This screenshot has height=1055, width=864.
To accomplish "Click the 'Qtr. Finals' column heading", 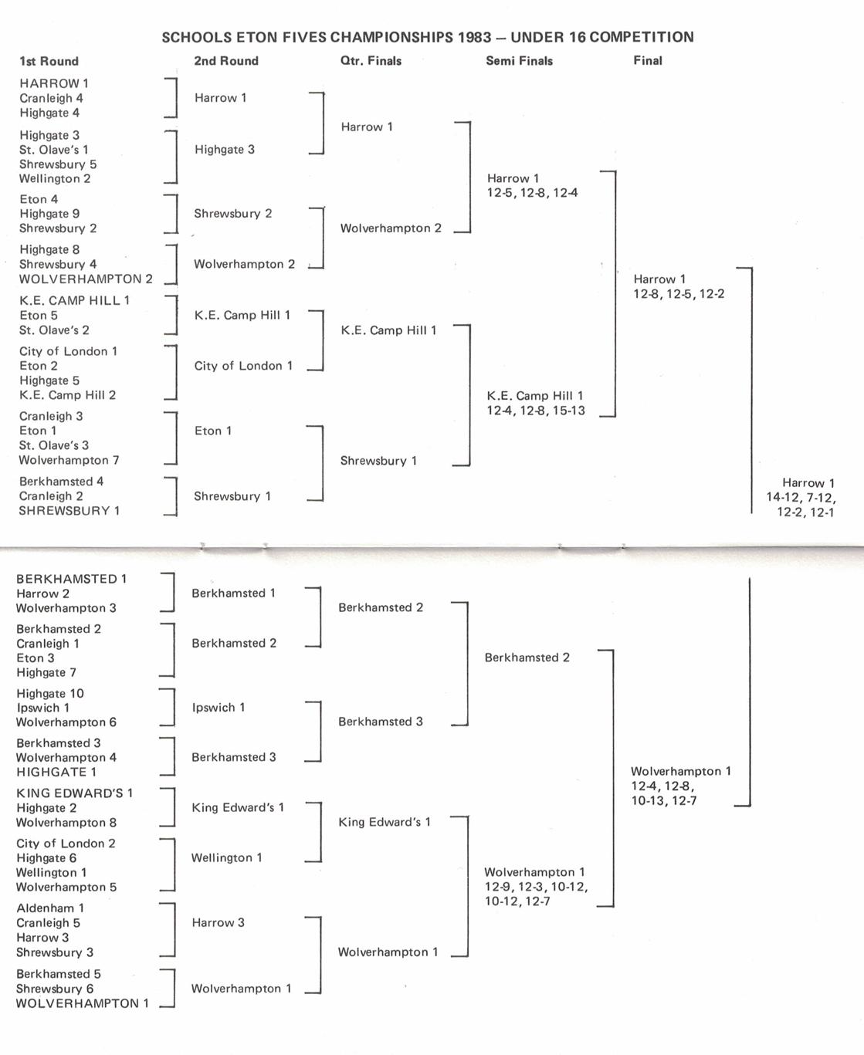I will click(x=371, y=61).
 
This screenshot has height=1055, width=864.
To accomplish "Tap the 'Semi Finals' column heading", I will click(x=519, y=61).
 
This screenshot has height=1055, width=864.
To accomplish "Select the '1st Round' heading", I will click(x=49, y=62).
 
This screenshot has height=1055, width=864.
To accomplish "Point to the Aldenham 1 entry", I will click(x=50, y=908).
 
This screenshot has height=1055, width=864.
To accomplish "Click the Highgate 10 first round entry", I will click(x=50, y=694).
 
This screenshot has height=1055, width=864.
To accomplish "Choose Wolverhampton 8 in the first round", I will click(x=66, y=823).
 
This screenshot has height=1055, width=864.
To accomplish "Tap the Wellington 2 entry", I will click(x=55, y=179).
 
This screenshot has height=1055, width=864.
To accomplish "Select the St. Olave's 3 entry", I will click(x=54, y=445).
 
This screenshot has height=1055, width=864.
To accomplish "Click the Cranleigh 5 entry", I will click(x=48, y=923).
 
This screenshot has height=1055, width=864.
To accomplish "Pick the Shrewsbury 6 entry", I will click(x=55, y=989).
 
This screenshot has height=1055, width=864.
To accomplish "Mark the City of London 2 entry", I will click(x=66, y=844).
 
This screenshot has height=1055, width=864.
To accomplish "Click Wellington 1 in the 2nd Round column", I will click(x=227, y=857).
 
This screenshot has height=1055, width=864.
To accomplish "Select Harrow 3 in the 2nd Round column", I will click(x=218, y=923).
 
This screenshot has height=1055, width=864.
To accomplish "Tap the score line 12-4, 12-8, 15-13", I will click(x=536, y=411).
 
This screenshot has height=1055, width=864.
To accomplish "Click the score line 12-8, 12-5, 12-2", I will click(x=679, y=294).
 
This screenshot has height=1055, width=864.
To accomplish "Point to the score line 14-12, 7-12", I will click(x=801, y=498).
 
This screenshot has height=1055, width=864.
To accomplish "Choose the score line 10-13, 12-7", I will click(x=664, y=801).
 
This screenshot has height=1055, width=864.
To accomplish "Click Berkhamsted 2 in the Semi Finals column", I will click(x=527, y=658).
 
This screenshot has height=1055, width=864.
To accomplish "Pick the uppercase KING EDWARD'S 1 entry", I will click(x=75, y=793).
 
